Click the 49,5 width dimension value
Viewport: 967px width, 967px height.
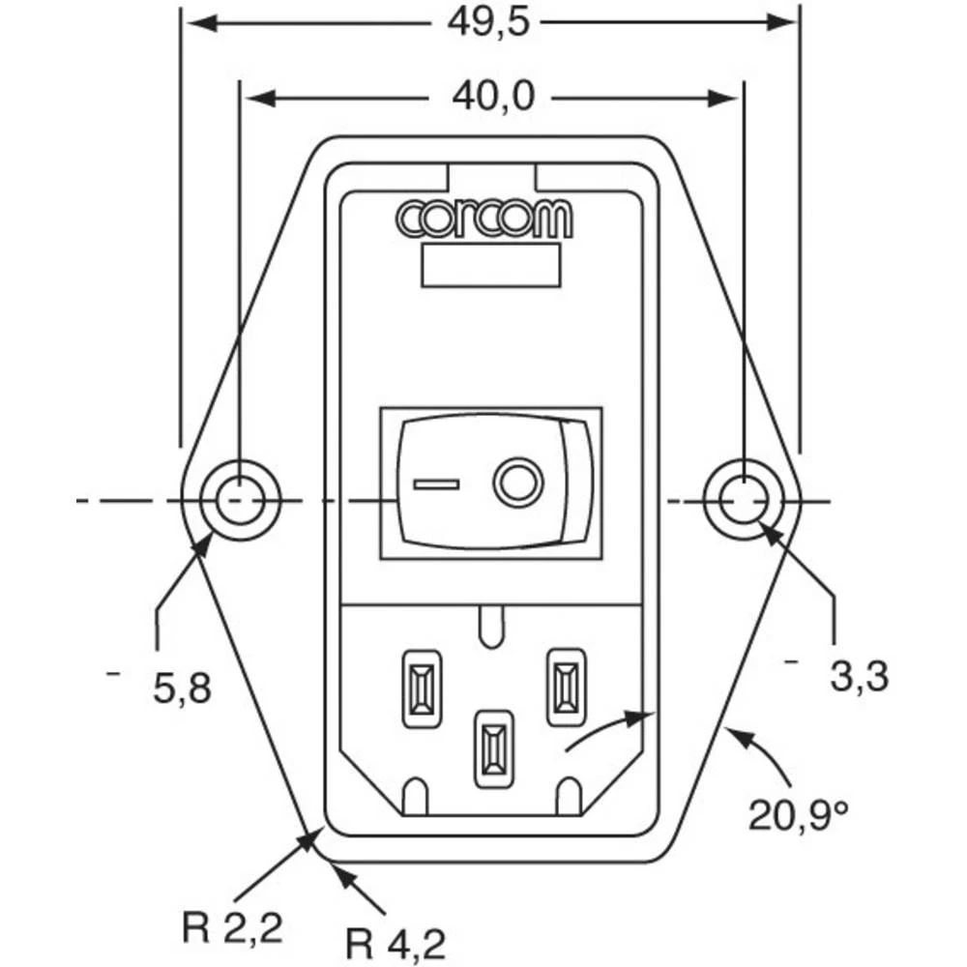pos(488,22)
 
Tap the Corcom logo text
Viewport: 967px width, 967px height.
pos(484,220)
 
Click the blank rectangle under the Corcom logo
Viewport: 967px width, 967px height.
pos(491,265)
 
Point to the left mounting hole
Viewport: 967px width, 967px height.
pos(238,501)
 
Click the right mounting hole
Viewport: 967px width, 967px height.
pos(744,501)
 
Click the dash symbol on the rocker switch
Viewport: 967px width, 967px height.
pos(436,482)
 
